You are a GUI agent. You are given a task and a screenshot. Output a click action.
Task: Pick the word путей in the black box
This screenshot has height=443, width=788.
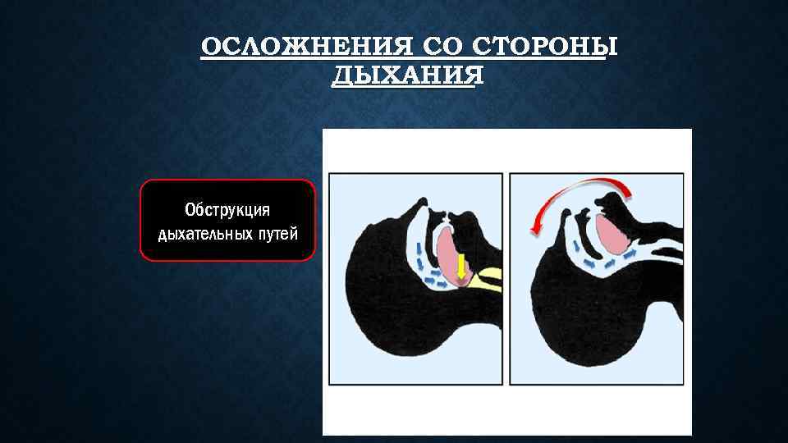[x=277, y=234]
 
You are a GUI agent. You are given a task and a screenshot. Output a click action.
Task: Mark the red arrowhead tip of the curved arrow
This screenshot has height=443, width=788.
[x=534, y=232]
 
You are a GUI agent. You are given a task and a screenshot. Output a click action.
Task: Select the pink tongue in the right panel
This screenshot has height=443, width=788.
[x=612, y=230]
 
